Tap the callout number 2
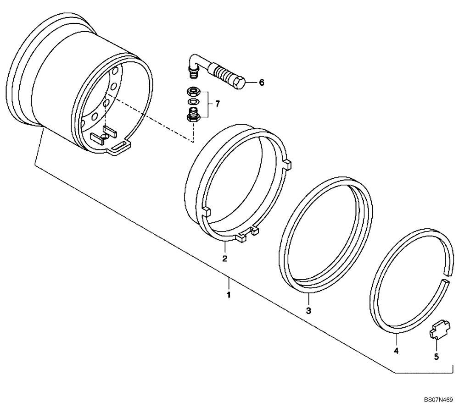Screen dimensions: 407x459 pyautogui.click(x=225, y=258)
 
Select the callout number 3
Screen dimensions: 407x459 pyautogui.click(x=308, y=311)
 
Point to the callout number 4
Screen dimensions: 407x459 pyautogui.click(x=396, y=351)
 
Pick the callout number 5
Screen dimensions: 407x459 pyautogui.click(x=436, y=356)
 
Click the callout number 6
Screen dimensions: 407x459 pyautogui.click(x=261, y=82)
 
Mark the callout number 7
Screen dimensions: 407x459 pyautogui.click(x=217, y=104)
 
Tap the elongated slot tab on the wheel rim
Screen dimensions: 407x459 pyautogui.click(x=120, y=148)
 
